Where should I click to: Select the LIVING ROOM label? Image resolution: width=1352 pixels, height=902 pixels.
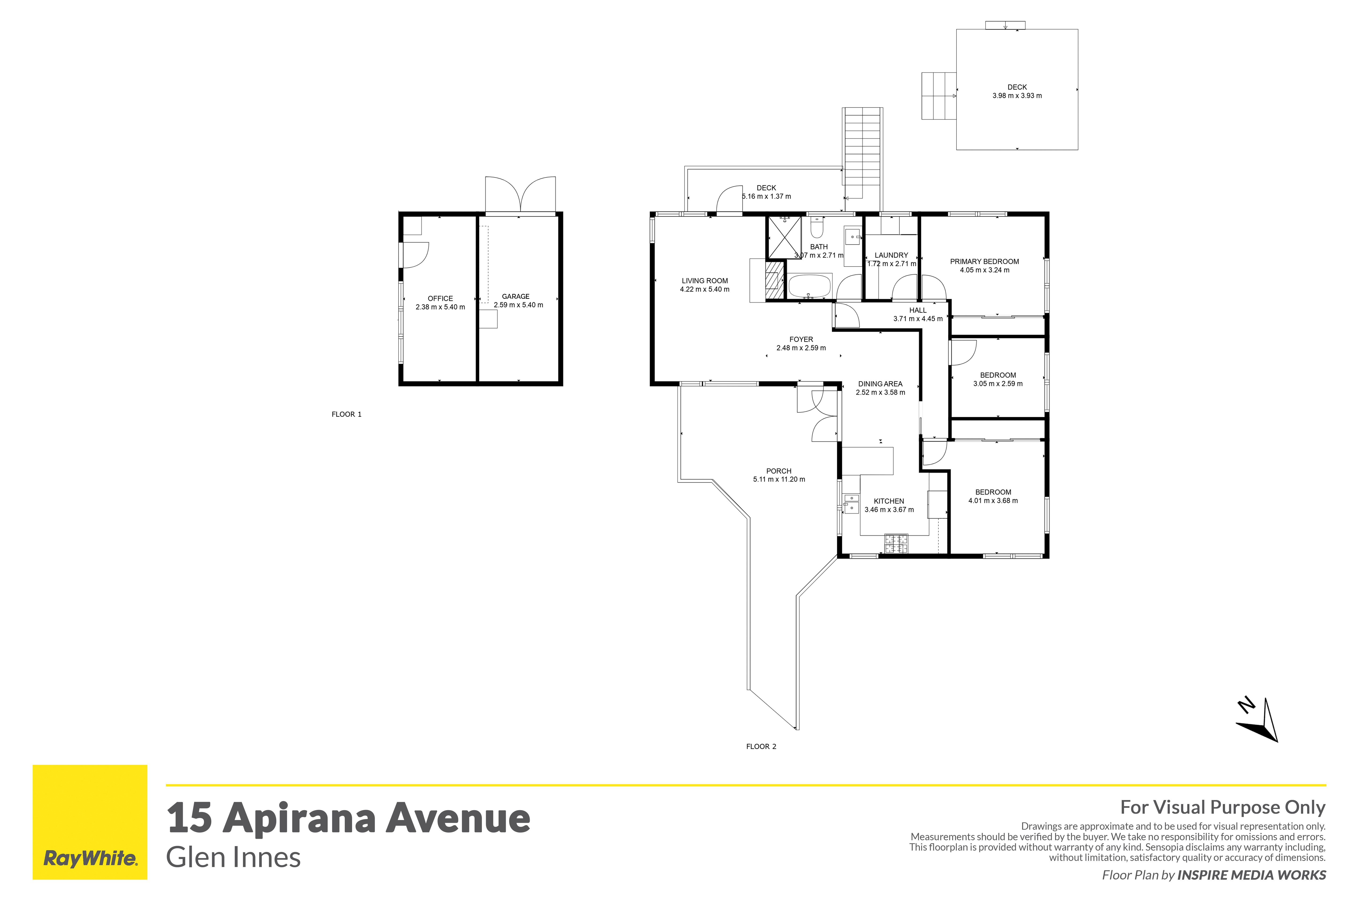point(705,281)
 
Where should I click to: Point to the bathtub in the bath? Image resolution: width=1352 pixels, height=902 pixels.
point(809,286)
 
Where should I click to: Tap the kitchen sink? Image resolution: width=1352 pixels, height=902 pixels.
point(851,503)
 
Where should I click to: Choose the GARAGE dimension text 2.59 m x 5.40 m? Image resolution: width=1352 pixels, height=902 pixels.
point(519,305)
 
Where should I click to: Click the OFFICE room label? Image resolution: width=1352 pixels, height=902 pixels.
point(440,298)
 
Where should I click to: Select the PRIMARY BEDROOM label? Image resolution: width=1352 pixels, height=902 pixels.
point(985,261)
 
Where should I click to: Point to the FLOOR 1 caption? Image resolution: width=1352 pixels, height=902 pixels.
point(347,414)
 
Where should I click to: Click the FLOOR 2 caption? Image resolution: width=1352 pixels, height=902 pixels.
point(761,747)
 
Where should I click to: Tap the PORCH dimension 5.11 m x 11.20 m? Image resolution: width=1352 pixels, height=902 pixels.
point(779,479)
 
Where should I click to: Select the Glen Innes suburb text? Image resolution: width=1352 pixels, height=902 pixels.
point(233,857)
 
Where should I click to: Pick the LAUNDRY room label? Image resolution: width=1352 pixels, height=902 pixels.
point(891,255)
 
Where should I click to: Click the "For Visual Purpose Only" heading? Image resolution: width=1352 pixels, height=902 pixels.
point(1223,808)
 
